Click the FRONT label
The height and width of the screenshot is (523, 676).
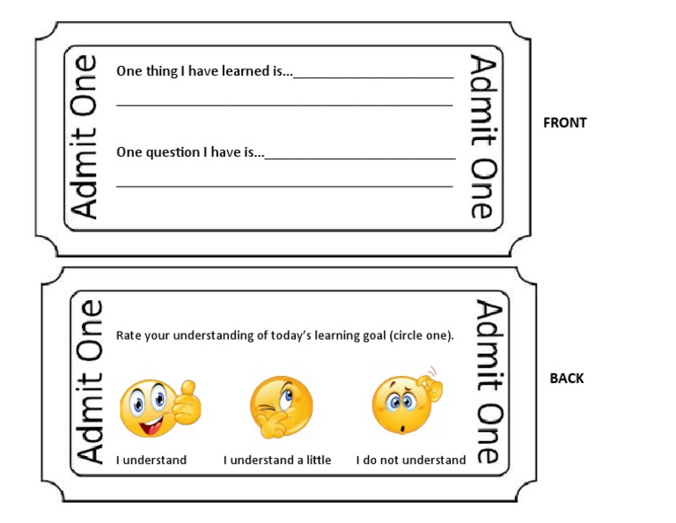[564, 123]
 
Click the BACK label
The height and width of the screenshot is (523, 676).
[567, 379]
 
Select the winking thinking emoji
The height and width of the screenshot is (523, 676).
[281, 407]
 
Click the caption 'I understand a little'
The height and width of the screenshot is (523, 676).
[277, 460]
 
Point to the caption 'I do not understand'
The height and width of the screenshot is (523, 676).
[411, 460]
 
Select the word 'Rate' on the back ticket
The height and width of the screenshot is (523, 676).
[129, 335]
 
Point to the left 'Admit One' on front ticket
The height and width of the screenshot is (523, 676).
[84, 136]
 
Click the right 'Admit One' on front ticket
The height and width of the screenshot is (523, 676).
[482, 136]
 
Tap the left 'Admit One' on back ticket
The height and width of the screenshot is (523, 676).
[91, 380]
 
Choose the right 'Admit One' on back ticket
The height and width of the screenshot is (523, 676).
[489, 380]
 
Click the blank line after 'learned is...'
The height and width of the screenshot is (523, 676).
[373, 77]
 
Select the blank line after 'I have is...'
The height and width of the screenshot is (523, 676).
[360, 158]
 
